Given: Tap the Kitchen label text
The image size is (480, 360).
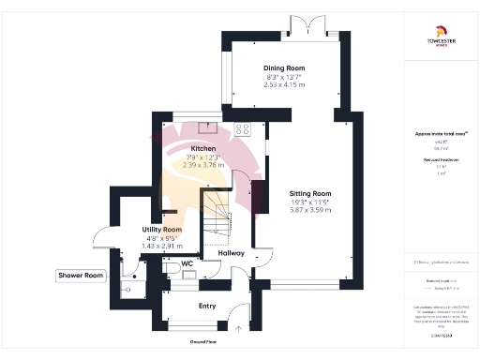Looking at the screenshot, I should point(204,149).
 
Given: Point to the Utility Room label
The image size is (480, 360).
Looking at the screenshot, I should point(161,229).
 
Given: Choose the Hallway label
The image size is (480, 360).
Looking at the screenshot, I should point(231,252).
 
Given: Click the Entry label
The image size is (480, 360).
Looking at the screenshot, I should point(208,306).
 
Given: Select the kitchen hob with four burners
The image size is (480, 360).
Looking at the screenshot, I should point(243,130).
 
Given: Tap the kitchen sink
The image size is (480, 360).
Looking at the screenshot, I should point(205,130).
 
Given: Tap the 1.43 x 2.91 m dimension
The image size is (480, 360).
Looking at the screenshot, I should point(161,246).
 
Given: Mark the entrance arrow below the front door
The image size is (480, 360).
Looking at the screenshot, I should point(240,329).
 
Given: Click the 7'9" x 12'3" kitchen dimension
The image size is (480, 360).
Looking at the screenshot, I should point(204,157).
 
